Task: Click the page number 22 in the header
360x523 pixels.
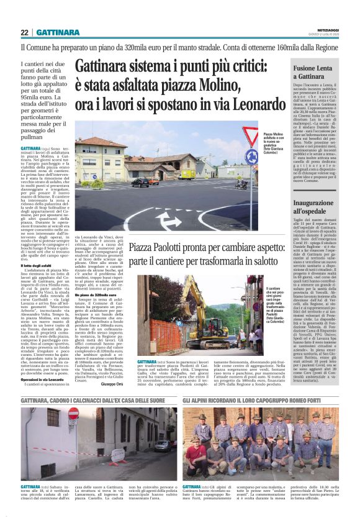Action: point(24,32)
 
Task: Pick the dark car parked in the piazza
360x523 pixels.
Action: point(141,182)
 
